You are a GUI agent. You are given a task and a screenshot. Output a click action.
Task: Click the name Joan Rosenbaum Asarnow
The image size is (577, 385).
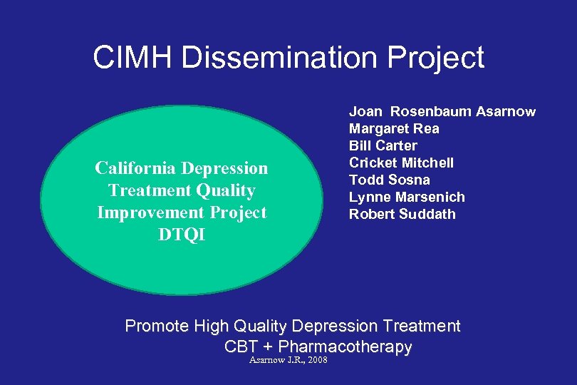[442, 111]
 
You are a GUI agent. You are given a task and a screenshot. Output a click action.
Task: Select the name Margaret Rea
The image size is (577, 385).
[393, 128]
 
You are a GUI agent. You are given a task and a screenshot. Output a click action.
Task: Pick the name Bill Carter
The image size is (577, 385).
[383, 145]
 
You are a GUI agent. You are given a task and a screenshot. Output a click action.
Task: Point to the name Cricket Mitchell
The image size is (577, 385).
[400, 163]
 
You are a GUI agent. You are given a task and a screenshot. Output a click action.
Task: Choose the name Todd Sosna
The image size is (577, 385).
[389, 180]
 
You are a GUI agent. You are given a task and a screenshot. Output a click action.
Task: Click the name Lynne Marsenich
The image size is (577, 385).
[406, 197]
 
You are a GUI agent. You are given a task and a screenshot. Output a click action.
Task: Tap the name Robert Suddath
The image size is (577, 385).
[402, 214]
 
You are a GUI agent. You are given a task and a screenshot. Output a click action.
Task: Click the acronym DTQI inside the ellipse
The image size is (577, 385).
[182, 235]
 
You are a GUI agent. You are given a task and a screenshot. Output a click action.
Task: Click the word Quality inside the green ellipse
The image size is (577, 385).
[227, 190]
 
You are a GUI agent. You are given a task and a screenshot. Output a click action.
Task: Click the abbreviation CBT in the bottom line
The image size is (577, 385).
[240, 347]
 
